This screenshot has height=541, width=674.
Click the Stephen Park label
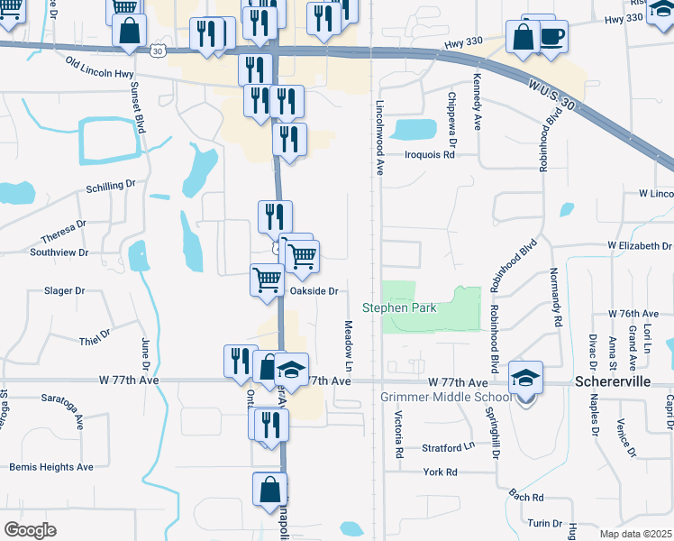[399, 307]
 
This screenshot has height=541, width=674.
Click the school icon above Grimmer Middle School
[525, 378]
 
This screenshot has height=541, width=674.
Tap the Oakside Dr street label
[313, 291]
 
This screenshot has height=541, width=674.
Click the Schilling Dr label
[111, 185]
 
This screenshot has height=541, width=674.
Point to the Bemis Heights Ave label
[51, 467]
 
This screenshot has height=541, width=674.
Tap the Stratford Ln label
[448, 447]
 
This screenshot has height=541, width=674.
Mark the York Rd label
[440, 472]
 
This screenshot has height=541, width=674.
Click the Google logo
[30, 530]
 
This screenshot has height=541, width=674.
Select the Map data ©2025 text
[636, 534]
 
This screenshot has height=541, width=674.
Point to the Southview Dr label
[59, 253]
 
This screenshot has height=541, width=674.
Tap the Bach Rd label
[525, 497]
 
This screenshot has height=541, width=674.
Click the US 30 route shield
[159, 51]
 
